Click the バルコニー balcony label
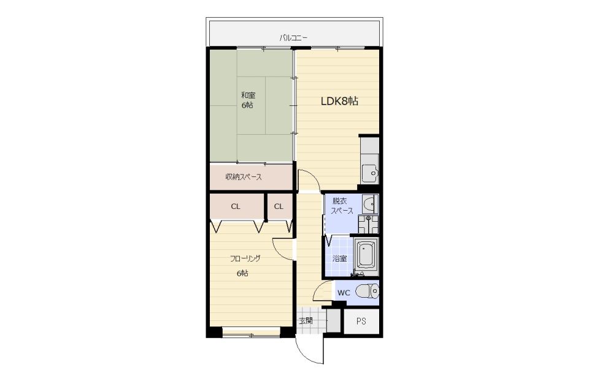pyautogui.click(x=293, y=38)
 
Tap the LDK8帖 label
pyautogui.click(x=339, y=101)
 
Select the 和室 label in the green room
pyautogui.click(x=248, y=96)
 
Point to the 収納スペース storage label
pyautogui.click(x=244, y=177)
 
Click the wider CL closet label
pyautogui.click(x=236, y=206)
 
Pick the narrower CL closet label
pyautogui.click(x=279, y=206)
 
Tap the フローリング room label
pyautogui.click(x=245, y=258)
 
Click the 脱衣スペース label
pyautogui.click(x=342, y=206)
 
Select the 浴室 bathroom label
pyautogui.click(x=339, y=258)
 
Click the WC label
pyautogui.click(x=344, y=293)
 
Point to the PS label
pyautogui.click(x=361, y=322)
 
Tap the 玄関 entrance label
pyautogui.click(x=306, y=321)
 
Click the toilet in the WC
pyautogui.click(x=367, y=292)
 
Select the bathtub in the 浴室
pyautogui.click(x=366, y=255)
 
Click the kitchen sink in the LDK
pyautogui.click(x=370, y=173)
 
